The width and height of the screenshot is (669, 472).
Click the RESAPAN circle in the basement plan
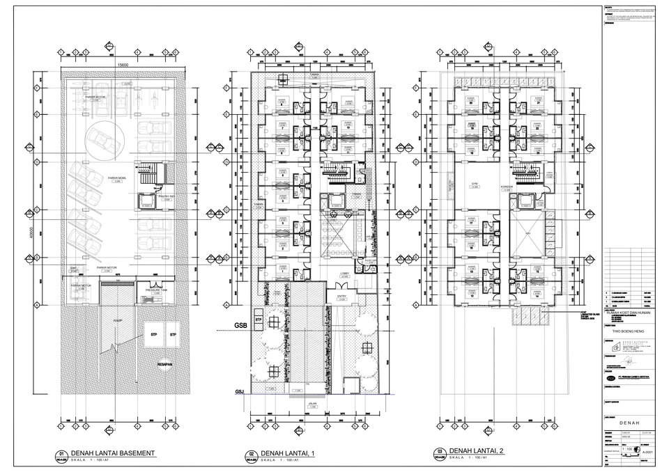coord(166,363)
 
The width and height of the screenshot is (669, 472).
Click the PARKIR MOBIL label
coord(117,178)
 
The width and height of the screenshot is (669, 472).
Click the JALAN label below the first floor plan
coord(313,403)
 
